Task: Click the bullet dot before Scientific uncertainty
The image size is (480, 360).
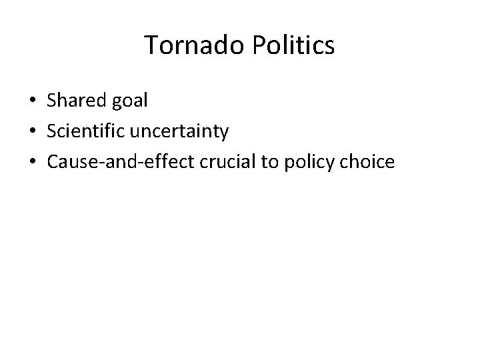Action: (x=32, y=132)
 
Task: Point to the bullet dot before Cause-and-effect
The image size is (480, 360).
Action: (x=32, y=163)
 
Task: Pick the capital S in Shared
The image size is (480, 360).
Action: (x=51, y=101)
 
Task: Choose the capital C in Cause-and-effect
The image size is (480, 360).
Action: (x=52, y=162)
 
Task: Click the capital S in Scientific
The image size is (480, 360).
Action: (x=51, y=131)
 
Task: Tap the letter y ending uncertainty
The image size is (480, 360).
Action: (x=224, y=134)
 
